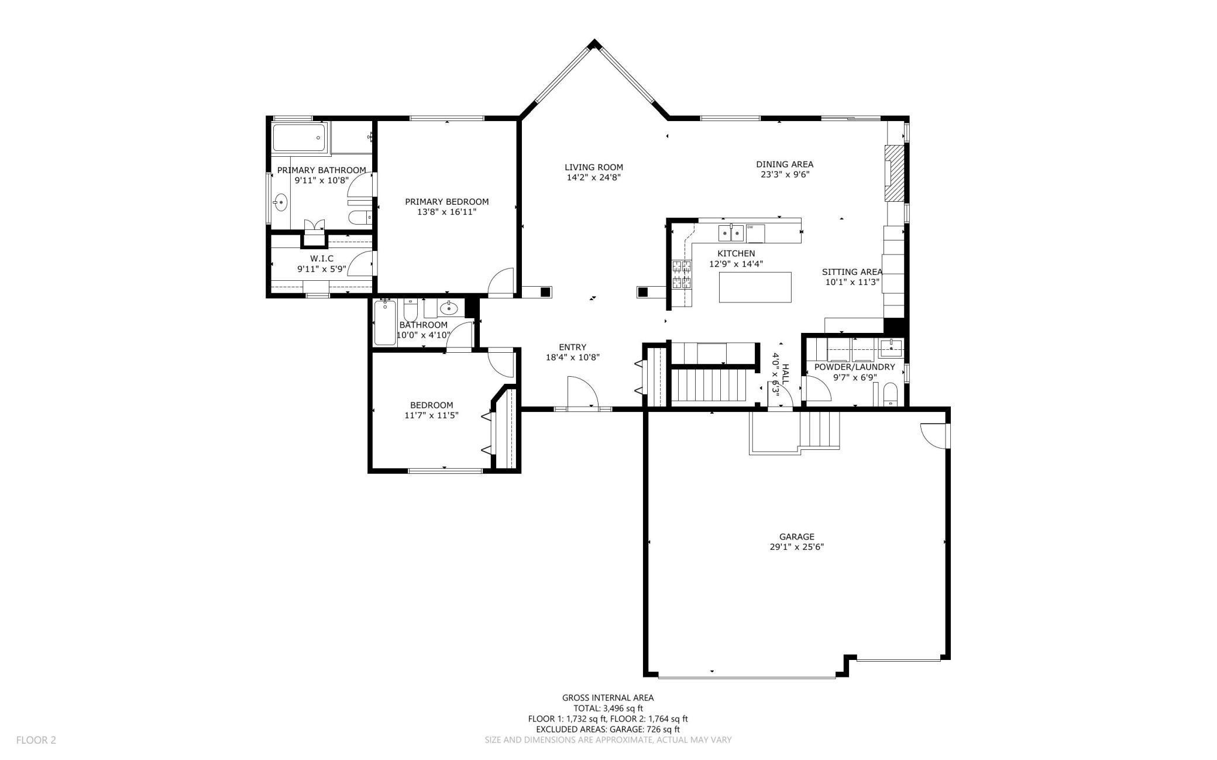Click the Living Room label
(593, 167)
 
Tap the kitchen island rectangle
(755, 287)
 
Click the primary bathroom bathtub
(299, 139)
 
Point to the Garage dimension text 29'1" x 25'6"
(796, 547)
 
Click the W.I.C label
(322, 259)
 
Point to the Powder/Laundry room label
(854, 367)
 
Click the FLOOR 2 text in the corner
(36, 740)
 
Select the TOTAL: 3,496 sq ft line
(608, 708)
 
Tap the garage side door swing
(934, 435)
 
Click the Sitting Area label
(851, 272)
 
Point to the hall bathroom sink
(449, 308)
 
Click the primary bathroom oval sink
(281, 203)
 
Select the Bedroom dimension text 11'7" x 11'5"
(431, 415)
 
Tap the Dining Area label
(784, 164)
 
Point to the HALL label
(786, 373)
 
